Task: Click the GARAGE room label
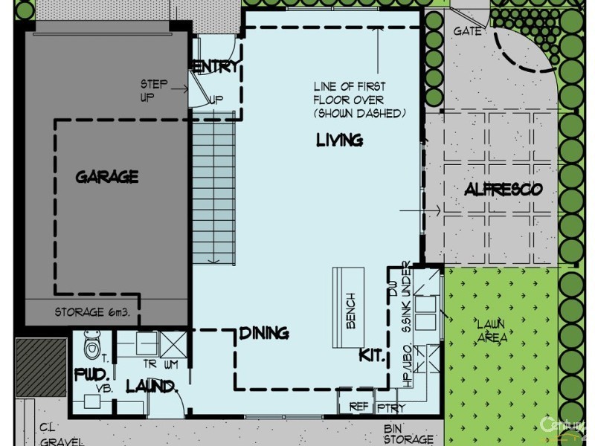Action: [107, 177]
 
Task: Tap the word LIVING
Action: [339, 140]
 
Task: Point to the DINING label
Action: [264, 333]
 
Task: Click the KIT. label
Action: [372, 355]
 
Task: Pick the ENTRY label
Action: [216, 66]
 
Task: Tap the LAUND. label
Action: [152, 386]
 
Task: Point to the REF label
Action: [359, 407]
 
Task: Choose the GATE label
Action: [468, 31]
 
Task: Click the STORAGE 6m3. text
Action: [92, 312]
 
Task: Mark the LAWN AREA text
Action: [492, 330]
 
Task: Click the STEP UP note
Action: [154, 90]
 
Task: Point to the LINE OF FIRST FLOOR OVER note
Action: [349, 100]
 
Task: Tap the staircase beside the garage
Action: [214, 190]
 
